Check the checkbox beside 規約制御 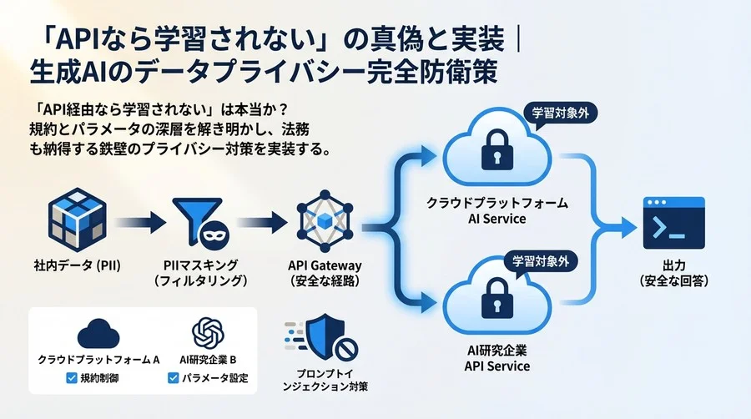click(71, 378)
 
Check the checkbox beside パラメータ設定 click(173, 378)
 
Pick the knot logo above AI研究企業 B click(209, 333)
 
